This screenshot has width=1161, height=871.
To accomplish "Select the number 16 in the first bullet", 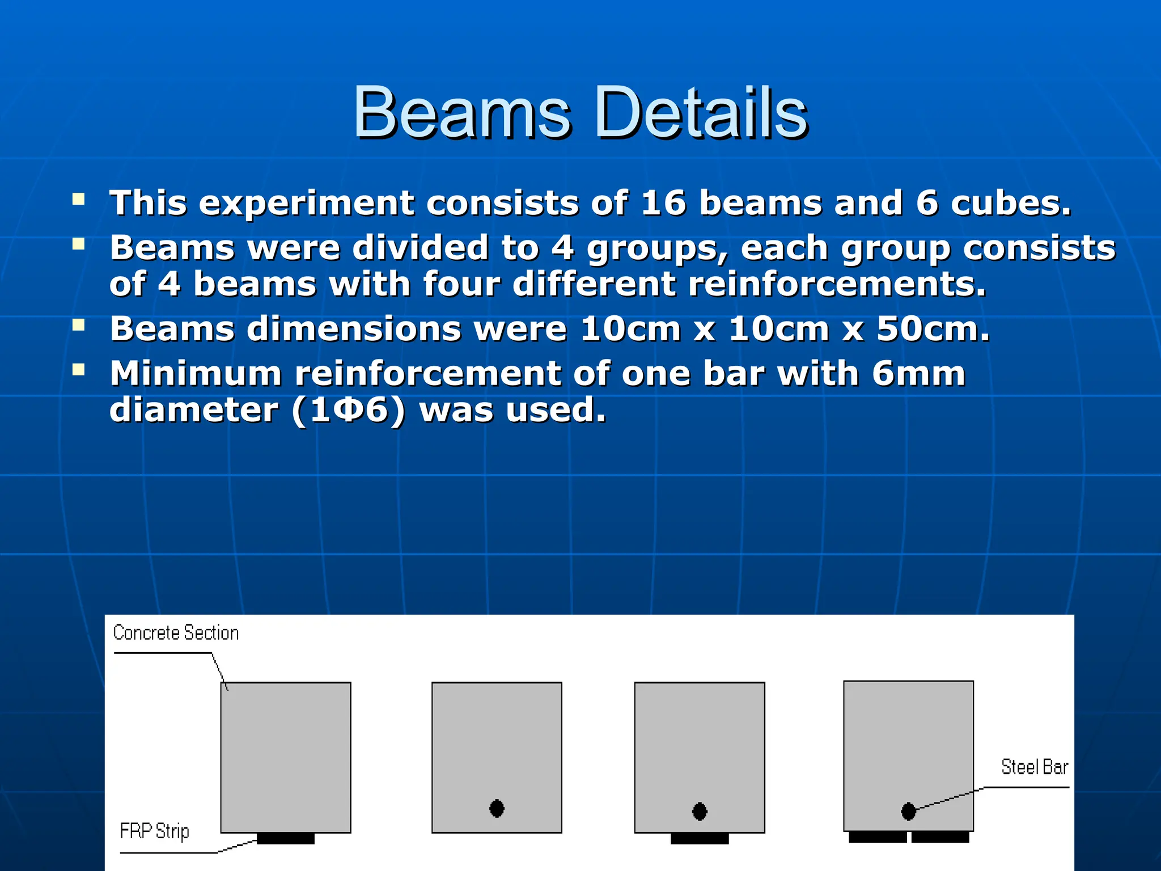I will [x=664, y=202].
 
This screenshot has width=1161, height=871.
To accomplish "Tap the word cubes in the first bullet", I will [x=1011, y=202].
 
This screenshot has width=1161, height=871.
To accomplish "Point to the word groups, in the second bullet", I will [x=657, y=249].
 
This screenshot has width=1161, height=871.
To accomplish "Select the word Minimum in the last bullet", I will [x=196, y=374].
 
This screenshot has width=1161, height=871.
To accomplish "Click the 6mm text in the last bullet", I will [x=918, y=374].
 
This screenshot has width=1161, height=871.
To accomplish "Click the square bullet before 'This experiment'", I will [x=79, y=199].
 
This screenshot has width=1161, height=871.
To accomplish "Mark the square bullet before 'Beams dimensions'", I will [x=79, y=325].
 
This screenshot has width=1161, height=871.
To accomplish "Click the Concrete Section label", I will [x=176, y=632].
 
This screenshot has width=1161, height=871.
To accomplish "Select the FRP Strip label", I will [x=154, y=831].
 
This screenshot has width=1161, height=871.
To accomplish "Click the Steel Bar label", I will [x=1034, y=767].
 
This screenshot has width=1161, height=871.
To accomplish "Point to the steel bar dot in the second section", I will [x=497, y=808].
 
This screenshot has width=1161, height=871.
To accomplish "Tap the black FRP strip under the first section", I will [x=286, y=838].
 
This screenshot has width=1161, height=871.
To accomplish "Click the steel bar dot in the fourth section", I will [x=908, y=811].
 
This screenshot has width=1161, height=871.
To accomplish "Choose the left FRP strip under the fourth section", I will [x=878, y=837].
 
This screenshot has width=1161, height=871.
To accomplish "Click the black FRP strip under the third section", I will [x=700, y=838].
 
